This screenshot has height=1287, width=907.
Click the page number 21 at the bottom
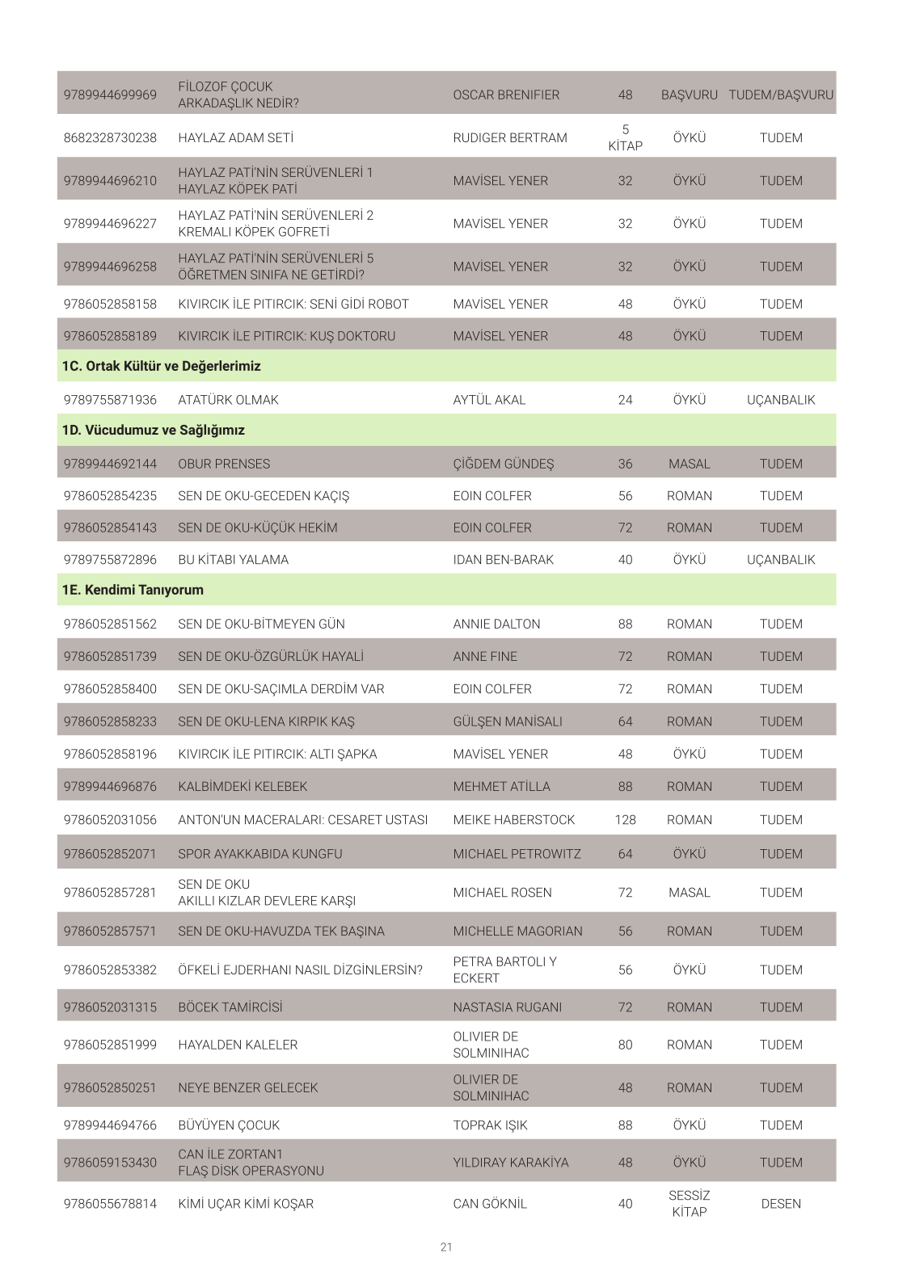click(446, 1247)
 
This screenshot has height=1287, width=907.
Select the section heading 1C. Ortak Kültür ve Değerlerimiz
click(162, 366)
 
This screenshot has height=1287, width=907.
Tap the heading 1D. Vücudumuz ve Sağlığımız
click(154, 430)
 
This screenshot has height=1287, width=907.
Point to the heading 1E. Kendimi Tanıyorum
click(133, 590)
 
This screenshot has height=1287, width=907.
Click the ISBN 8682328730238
click(110, 137)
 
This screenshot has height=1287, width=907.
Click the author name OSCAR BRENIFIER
click(506, 95)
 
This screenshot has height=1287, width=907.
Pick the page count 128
click(625, 819)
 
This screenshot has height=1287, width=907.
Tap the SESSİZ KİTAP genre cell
click(689, 1203)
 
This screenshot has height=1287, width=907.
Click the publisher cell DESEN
click(781, 1203)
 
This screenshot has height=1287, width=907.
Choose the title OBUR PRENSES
click(224, 464)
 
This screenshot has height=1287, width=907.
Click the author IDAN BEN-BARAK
click(503, 559)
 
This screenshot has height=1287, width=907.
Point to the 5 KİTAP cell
click(625, 137)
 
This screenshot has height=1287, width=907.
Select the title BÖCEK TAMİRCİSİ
click(230, 1007)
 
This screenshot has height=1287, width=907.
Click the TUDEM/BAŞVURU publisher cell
click(781, 95)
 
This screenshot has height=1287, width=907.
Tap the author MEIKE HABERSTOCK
click(513, 819)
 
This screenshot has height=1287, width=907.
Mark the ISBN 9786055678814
click(110, 1203)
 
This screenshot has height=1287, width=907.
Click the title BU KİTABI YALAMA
click(233, 559)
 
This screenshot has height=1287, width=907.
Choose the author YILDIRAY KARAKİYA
click(510, 1162)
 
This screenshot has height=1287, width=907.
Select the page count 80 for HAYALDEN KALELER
click(625, 1044)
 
